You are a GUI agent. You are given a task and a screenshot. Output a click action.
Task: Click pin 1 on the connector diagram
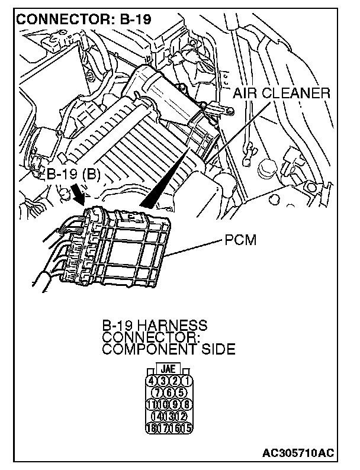pyautogui.click(x=187, y=380)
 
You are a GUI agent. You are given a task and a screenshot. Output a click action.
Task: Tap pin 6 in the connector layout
pyautogui.click(x=170, y=392)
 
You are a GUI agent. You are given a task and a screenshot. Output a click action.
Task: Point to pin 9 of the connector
pyautogui.click(x=176, y=404)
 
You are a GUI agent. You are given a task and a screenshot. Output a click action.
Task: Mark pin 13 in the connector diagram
pyautogui.click(x=170, y=416)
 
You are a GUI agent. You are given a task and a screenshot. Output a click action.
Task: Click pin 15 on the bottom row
pyautogui.click(x=187, y=428)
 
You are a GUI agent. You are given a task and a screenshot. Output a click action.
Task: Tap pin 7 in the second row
pyautogui.click(x=159, y=392)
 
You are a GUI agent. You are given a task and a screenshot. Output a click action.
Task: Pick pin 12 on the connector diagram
pyautogui.click(x=181, y=416)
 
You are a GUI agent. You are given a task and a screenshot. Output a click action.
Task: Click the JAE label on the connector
pyautogui.click(x=169, y=368)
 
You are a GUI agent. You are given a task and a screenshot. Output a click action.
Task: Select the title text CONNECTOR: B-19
pyautogui.click(x=85, y=18)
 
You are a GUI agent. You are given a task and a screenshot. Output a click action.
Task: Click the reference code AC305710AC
pyautogui.click(x=298, y=453)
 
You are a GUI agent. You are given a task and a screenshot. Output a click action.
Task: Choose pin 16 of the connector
pyautogui.click(x=176, y=428)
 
